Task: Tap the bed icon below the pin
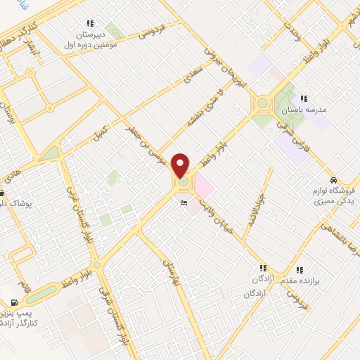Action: coord(184,203)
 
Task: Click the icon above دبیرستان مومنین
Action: coord(89,23)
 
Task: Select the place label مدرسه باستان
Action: coord(304,110)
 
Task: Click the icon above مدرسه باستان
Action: coord(304,98)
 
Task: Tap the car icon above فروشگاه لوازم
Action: coord(339,179)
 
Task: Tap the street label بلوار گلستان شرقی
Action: coord(105,312)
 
